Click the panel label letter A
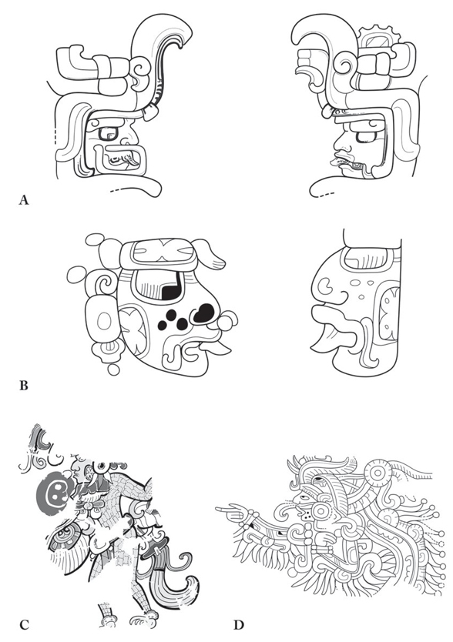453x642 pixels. click(x=24, y=200)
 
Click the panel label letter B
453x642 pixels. click(x=24, y=386)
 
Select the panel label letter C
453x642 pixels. click(x=24, y=625)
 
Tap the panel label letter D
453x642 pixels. click(x=239, y=625)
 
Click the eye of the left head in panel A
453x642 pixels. click(x=109, y=136)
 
